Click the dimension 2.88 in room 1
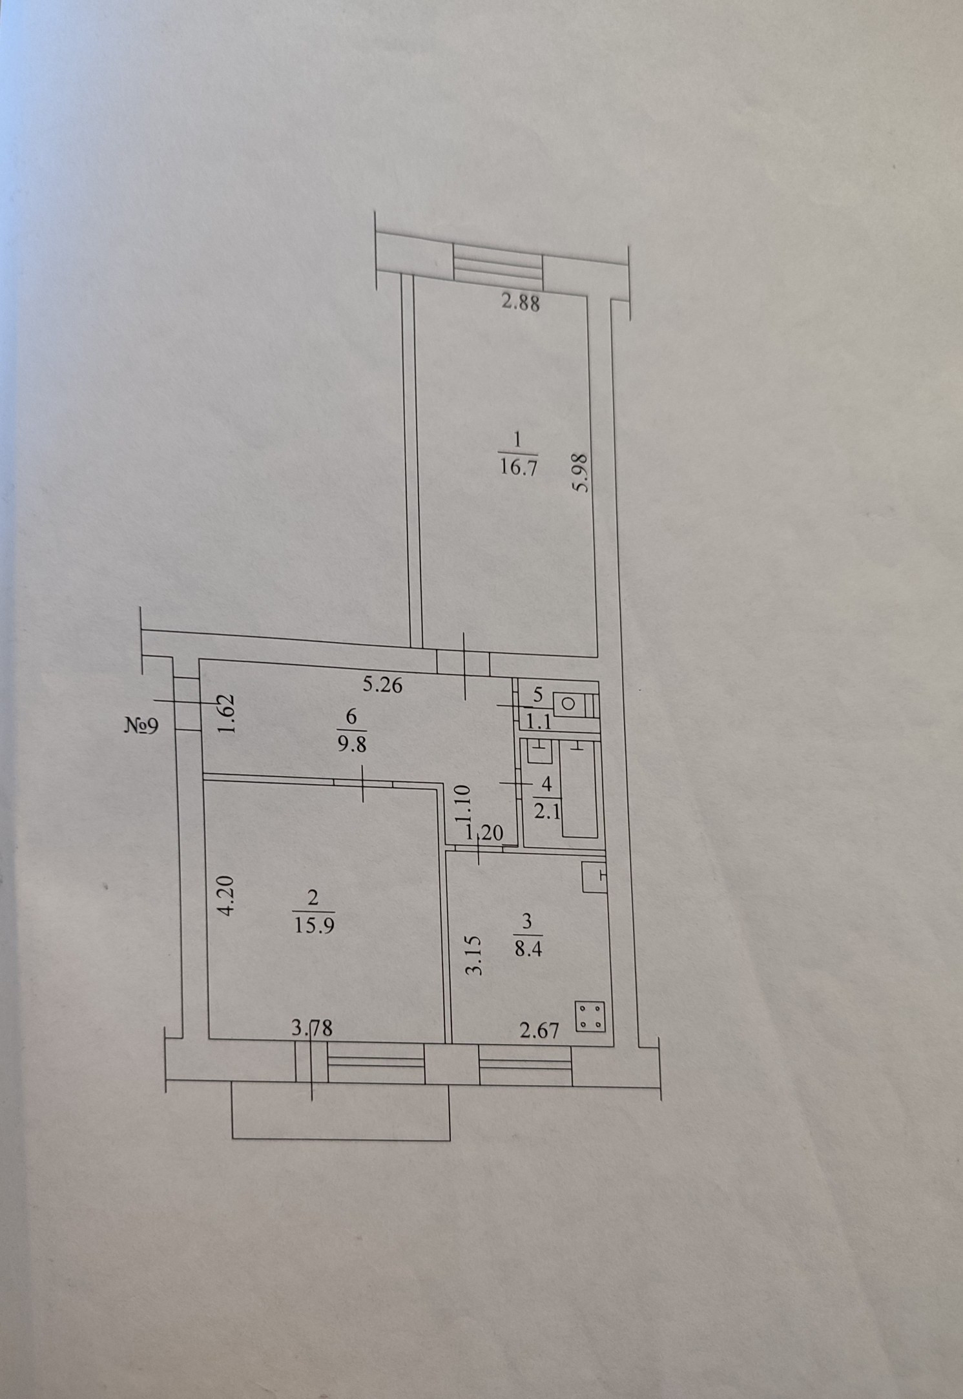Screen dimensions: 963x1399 pyautogui.click(x=521, y=302)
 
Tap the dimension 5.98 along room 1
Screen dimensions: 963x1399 pyautogui.click(x=581, y=472)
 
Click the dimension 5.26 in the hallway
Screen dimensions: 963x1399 pyautogui.click(x=382, y=685)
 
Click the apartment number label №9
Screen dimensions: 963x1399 pyautogui.click(x=141, y=726)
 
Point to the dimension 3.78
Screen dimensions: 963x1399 pyautogui.click(x=312, y=1028)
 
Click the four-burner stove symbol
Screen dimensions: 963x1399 pyautogui.click(x=590, y=1015)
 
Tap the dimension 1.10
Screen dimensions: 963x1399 pyautogui.click(x=464, y=803)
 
